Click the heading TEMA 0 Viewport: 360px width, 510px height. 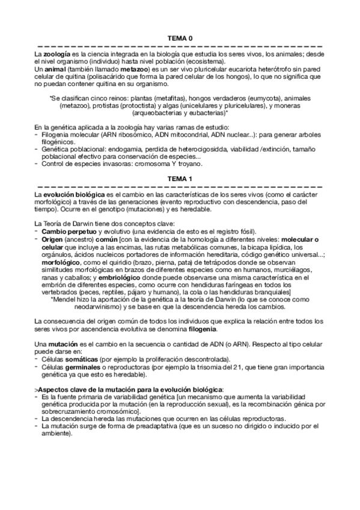click(x=180, y=38)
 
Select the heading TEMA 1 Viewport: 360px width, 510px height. click(x=180, y=179)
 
